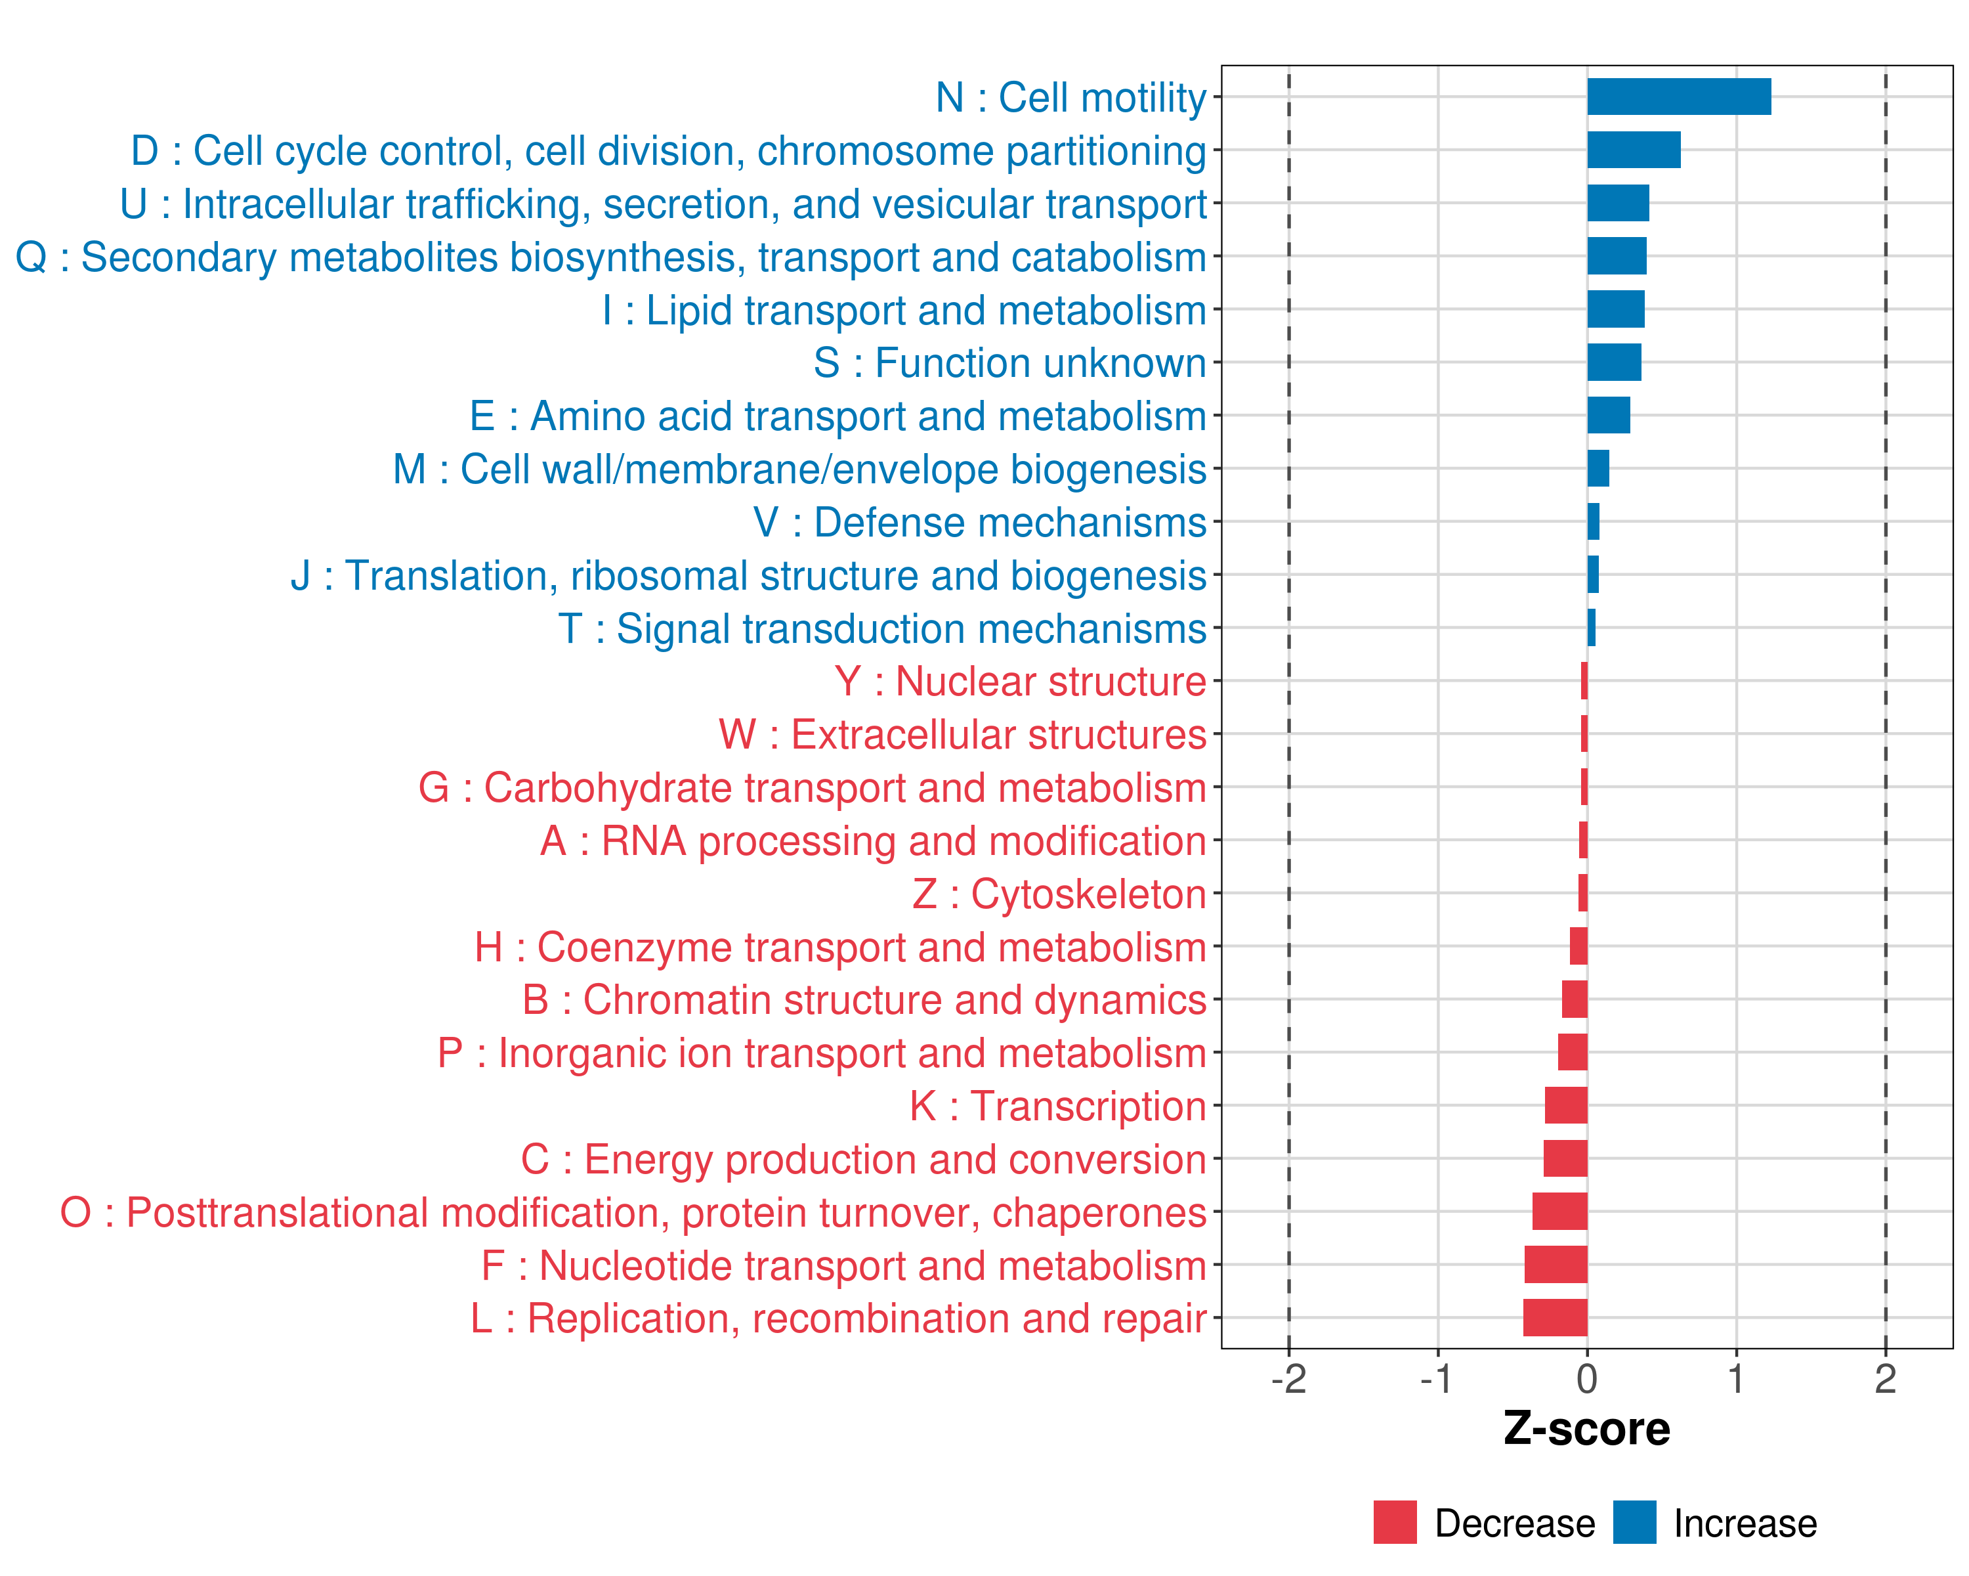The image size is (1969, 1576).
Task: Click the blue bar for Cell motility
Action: click(x=1679, y=97)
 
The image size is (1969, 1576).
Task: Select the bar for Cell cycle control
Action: click(x=1633, y=150)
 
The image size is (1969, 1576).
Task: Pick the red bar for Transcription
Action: click(x=1565, y=1105)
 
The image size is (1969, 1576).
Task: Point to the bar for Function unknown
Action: click(x=1614, y=362)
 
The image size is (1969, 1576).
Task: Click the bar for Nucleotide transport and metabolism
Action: click(x=1556, y=1265)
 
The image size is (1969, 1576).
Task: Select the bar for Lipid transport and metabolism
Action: click(x=1616, y=310)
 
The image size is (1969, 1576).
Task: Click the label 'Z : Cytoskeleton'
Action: click(x=1059, y=894)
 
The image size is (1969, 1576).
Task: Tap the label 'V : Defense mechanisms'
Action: click(x=980, y=523)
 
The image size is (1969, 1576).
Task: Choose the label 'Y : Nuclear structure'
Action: click(x=1020, y=682)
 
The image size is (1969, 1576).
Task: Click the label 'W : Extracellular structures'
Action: click(x=963, y=735)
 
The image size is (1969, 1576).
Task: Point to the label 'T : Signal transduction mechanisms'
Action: click(x=882, y=628)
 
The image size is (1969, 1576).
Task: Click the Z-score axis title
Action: click(x=1586, y=1428)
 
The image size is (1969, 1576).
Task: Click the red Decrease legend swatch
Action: click(x=1395, y=1522)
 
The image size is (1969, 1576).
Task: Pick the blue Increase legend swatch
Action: click(x=1634, y=1522)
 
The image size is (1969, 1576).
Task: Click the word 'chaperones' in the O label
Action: click(x=1099, y=1212)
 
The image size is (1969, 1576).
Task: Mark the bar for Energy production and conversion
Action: click(x=1565, y=1158)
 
